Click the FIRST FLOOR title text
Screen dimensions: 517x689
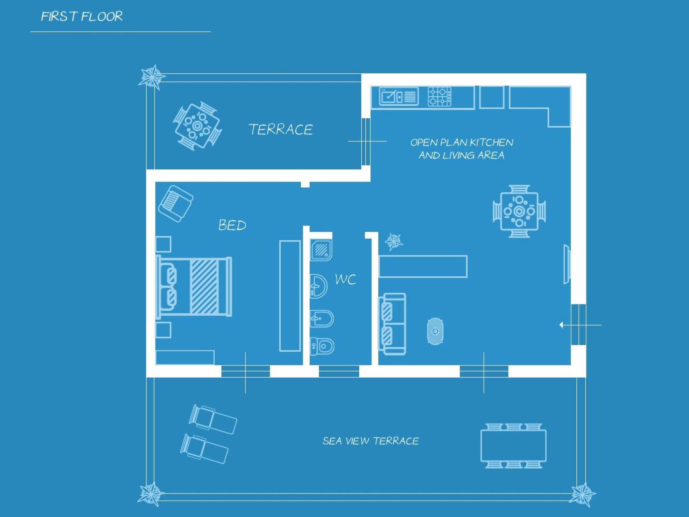pyautogui.click(x=82, y=16)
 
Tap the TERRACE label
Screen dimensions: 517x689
pyautogui.click(x=281, y=130)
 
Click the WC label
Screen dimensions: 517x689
pyautogui.click(x=346, y=279)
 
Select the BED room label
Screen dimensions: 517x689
pyautogui.click(x=232, y=225)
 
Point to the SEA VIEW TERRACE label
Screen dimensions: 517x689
pyautogui.click(x=370, y=441)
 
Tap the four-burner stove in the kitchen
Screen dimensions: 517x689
pyautogui.click(x=439, y=97)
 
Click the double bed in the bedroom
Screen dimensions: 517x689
pyautogui.click(x=194, y=287)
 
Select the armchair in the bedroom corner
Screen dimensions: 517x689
pyautogui.click(x=176, y=204)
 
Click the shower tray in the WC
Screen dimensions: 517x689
pyautogui.click(x=321, y=250)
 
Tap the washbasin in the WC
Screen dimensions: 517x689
pyautogui.click(x=318, y=286)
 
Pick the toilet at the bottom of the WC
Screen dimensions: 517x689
pyautogui.click(x=322, y=346)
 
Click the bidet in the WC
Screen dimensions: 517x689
pyautogui.click(x=321, y=318)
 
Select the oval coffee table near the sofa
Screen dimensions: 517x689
pyautogui.click(x=435, y=331)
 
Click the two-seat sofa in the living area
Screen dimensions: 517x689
pyautogui.click(x=392, y=324)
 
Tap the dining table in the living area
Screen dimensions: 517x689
pyautogui.click(x=519, y=211)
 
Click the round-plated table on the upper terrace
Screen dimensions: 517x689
pyautogui.click(x=197, y=126)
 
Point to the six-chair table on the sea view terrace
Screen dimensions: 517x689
pyautogui.click(x=513, y=446)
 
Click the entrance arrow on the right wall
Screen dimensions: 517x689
pyautogui.click(x=561, y=325)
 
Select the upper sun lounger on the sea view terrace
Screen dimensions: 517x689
pyautogui.click(x=213, y=419)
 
